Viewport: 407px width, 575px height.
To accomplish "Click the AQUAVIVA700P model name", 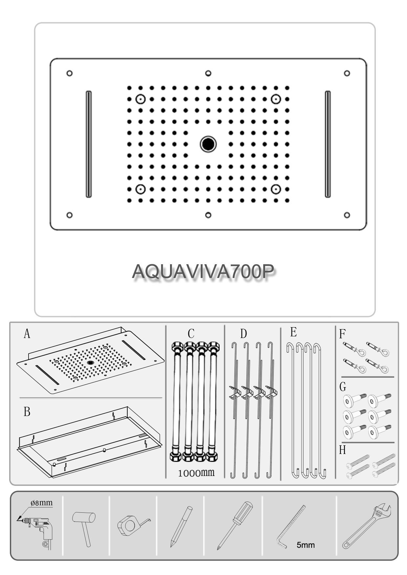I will point(203,271).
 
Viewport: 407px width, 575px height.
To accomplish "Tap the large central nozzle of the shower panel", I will point(208,144).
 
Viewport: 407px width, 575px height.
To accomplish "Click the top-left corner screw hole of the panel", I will point(69,73).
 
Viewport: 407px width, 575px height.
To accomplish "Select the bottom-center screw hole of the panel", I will point(208,215).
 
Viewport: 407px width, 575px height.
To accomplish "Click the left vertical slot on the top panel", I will point(89,144).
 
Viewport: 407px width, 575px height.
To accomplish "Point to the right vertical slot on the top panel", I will point(328,144).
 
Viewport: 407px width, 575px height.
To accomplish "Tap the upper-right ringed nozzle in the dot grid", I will point(276,99).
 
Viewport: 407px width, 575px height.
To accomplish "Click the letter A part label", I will point(27,334).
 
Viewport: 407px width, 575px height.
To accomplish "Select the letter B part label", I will point(27,412).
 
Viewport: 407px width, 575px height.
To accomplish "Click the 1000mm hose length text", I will point(196,473).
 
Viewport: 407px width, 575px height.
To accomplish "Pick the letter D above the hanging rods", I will point(243,334).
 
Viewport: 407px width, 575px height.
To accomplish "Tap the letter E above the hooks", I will point(293,332).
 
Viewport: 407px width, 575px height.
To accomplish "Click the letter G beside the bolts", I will point(343,387).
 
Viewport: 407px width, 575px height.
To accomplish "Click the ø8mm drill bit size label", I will point(42,503).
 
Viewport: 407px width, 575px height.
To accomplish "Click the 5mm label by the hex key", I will point(306,545).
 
